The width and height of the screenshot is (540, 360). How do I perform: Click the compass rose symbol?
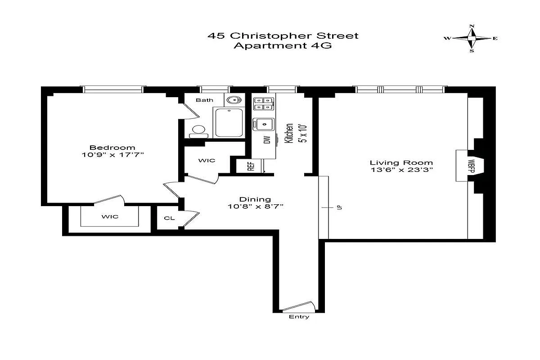click(x=472, y=39)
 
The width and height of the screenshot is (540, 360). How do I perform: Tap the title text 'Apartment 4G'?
click(x=283, y=45)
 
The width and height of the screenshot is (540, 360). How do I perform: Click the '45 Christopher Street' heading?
click(x=283, y=35)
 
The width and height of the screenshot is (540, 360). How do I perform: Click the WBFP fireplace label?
click(x=471, y=165)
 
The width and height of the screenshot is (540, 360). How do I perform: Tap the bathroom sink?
click(x=234, y=100)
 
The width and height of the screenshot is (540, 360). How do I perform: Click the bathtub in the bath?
click(x=229, y=122)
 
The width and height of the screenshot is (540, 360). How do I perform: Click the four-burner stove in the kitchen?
click(x=263, y=104)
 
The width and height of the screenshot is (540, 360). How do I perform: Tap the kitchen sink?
click(x=263, y=123)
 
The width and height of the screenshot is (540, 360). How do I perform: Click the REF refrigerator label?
click(x=251, y=166)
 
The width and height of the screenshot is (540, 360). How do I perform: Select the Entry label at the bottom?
click(x=299, y=317)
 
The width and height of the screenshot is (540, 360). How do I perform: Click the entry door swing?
click(x=297, y=306)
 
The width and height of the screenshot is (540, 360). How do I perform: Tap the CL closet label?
click(x=169, y=218)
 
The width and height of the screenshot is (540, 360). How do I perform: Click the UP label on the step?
click(x=338, y=207)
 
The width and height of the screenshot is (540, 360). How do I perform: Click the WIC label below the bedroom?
click(x=109, y=216)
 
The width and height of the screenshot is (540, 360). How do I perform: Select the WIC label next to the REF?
click(x=207, y=160)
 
